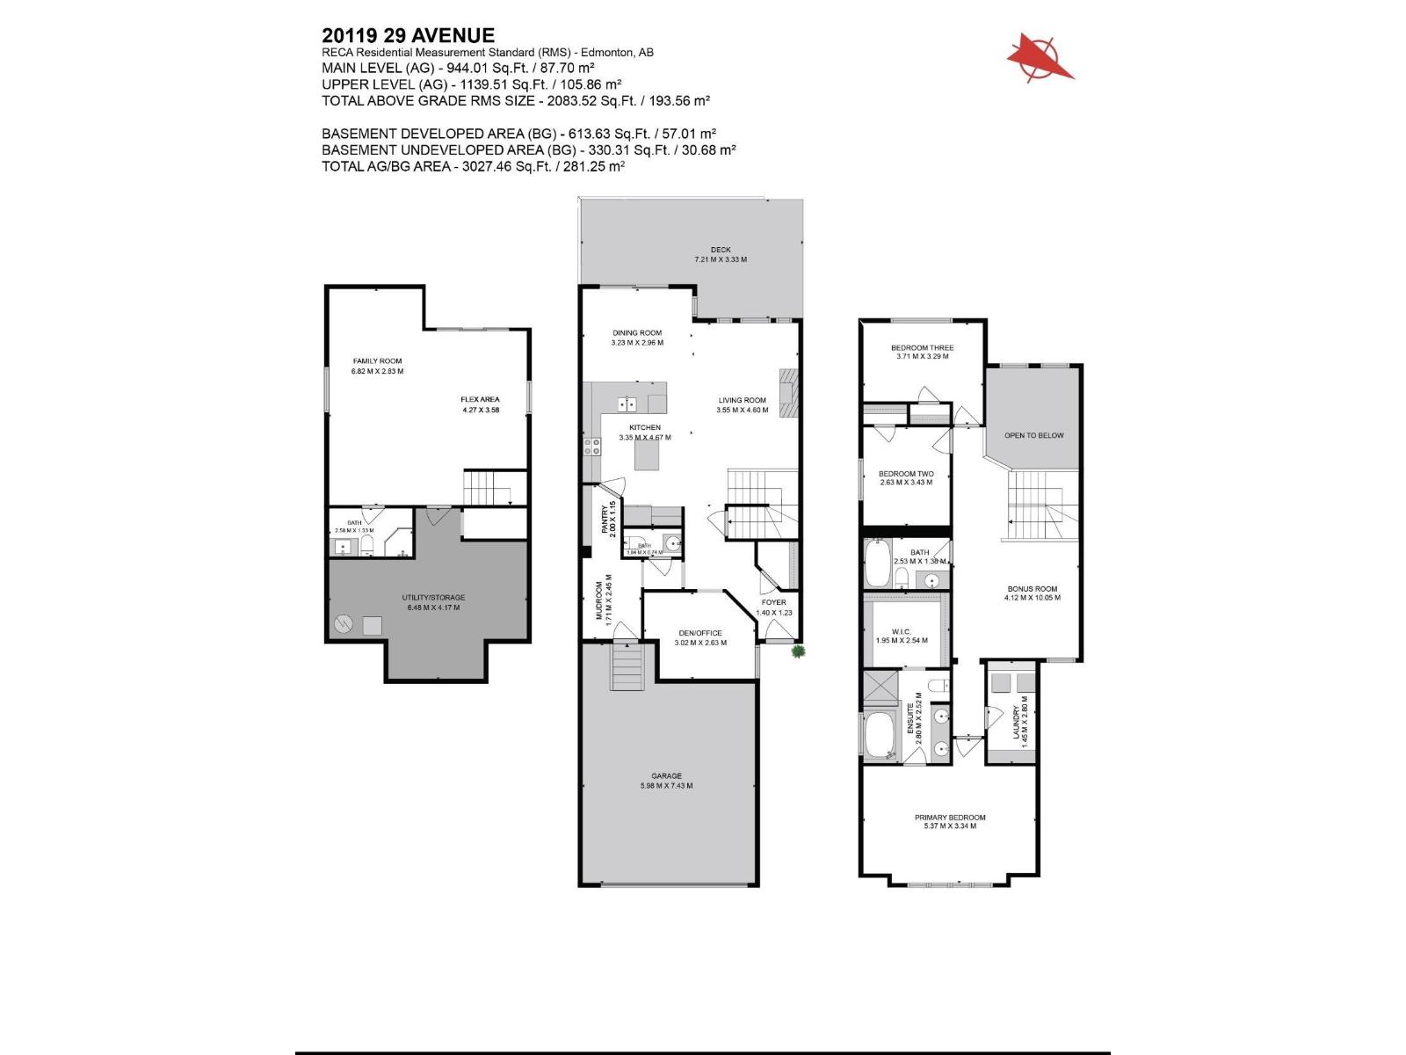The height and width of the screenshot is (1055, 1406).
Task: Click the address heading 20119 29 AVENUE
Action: [x=408, y=35]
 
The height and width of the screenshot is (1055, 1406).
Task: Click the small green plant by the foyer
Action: [x=798, y=651]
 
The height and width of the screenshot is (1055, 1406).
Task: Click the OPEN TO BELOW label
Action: [x=1033, y=435]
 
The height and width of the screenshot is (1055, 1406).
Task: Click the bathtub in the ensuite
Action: [x=879, y=736]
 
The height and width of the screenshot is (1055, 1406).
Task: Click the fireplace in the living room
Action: [x=788, y=393]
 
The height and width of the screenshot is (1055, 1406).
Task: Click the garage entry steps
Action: [x=627, y=669]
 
